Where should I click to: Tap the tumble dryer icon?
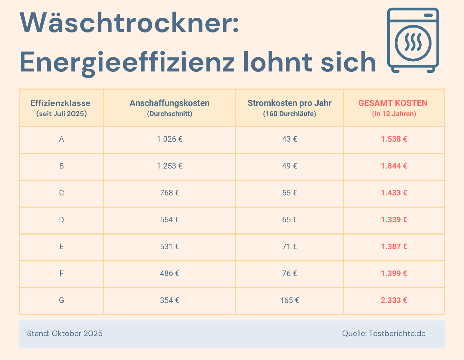[x=413, y=40]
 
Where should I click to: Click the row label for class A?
[x=61, y=139]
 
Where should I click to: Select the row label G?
[x=61, y=301]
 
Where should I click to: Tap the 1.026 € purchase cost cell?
[x=169, y=139]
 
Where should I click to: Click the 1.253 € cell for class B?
[x=169, y=166]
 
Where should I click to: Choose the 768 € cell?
[x=169, y=193]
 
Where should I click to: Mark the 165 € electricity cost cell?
[x=289, y=301]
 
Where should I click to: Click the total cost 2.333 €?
[x=394, y=301]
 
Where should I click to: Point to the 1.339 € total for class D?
[x=394, y=220]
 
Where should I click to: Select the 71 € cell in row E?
[x=289, y=247]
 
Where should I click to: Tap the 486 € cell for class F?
[x=169, y=274]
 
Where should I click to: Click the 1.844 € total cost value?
[x=394, y=166]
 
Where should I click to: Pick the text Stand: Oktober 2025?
[x=65, y=334]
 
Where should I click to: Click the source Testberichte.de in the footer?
[x=397, y=334]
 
